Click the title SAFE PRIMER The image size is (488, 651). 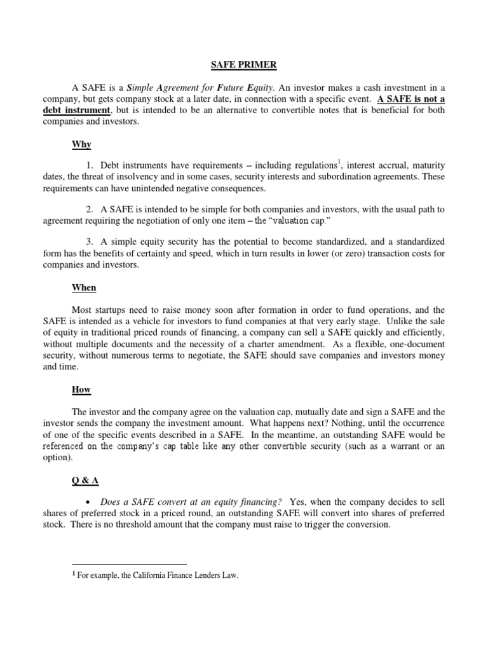click(243, 65)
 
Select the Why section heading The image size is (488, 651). click(81, 144)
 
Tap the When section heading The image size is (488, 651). click(84, 287)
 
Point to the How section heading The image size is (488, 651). click(82, 390)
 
